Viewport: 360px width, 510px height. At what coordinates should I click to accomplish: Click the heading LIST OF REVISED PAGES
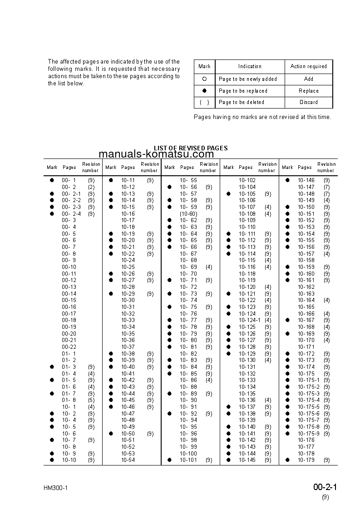(x=191, y=148)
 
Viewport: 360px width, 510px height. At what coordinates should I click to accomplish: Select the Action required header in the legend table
(x=308, y=66)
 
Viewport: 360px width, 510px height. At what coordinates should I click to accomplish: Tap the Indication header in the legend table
(x=250, y=66)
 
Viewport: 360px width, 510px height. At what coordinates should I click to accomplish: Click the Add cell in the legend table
(x=308, y=79)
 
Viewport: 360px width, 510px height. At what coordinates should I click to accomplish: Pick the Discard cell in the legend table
(x=308, y=102)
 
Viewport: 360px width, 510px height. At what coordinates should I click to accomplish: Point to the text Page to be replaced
(x=243, y=91)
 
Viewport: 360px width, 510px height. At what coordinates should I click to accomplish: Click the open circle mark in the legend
(x=204, y=79)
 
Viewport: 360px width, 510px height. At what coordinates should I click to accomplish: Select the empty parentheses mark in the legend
(x=204, y=102)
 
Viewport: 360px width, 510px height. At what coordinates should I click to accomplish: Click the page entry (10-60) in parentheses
(x=188, y=213)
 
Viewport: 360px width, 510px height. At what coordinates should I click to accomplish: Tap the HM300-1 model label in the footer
(x=56, y=488)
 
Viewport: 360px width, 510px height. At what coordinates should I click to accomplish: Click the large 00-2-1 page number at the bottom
(x=325, y=487)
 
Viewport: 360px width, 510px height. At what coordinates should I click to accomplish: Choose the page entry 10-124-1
(x=250, y=320)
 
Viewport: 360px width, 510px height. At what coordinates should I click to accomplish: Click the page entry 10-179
(x=306, y=460)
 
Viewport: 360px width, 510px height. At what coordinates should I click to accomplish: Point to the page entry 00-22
(x=69, y=347)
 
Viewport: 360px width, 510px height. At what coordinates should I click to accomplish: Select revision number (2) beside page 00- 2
(x=91, y=187)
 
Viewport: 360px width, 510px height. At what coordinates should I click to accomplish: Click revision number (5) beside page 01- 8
(x=91, y=400)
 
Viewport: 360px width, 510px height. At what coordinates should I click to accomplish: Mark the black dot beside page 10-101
(x=169, y=460)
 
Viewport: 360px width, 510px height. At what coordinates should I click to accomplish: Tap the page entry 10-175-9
(x=309, y=433)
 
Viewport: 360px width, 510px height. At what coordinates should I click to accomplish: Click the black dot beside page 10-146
(x=287, y=180)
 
